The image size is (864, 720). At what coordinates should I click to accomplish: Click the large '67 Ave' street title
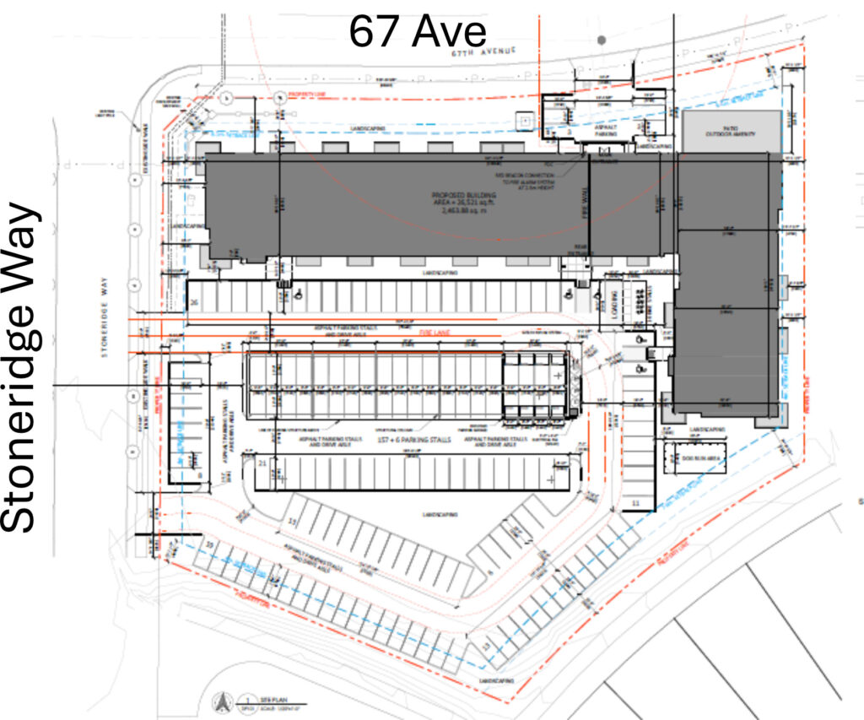[x=418, y=32]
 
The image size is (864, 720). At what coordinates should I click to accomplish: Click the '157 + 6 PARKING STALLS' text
[x=401, y=441]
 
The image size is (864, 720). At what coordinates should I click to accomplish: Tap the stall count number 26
[x=195, y=302]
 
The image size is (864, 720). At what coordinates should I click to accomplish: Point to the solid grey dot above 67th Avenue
[x=601, y=39]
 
